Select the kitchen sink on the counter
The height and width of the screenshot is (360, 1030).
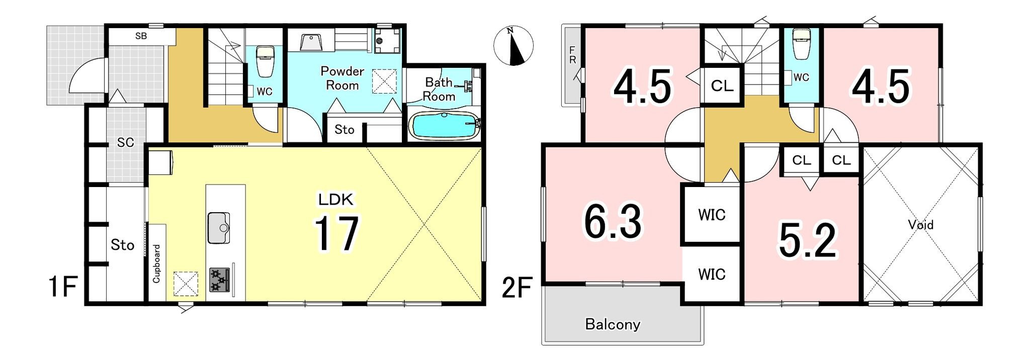[x=219, y=228]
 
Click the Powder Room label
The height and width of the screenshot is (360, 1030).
[x=342, y=78]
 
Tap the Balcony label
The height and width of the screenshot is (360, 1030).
[x=613, y=324]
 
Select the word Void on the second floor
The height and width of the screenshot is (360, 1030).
[x=921, y=224]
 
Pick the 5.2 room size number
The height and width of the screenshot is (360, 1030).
[x=808, y=240]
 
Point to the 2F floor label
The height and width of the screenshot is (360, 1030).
[x=517, y=289]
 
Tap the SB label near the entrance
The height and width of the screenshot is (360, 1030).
[x=141, y=36]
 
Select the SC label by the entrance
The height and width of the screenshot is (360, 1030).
[x=125, y=142]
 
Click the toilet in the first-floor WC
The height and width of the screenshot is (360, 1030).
[x=265, y=61]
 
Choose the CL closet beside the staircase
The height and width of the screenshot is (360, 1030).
[x=722, y=86]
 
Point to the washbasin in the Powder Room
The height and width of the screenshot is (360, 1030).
[x=312, y=43]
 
